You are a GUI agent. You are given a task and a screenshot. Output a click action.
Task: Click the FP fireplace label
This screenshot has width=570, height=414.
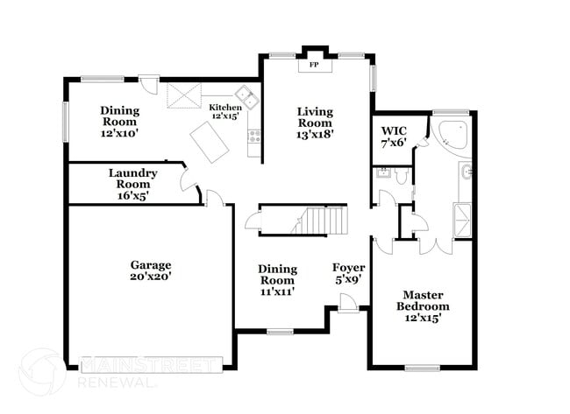coord(314,64)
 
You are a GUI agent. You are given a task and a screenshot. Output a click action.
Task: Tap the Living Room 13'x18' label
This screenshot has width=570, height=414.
coord(316,123)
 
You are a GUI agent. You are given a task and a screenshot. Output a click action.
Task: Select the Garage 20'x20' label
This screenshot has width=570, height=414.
coord(151,270)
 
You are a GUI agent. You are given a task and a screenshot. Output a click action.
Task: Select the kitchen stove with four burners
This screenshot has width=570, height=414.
coord(254,136)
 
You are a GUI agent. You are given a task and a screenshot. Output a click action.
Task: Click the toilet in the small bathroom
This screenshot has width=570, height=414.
coord(403,176)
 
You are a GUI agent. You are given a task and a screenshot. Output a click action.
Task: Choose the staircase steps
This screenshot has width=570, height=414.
coord(321,220)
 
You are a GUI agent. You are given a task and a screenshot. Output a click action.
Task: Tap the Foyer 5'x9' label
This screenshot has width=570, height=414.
coord(349,273)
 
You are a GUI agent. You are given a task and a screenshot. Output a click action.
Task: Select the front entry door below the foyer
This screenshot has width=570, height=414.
coord(348,303)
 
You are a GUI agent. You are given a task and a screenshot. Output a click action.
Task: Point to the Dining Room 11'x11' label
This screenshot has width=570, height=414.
coord(277,280)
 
